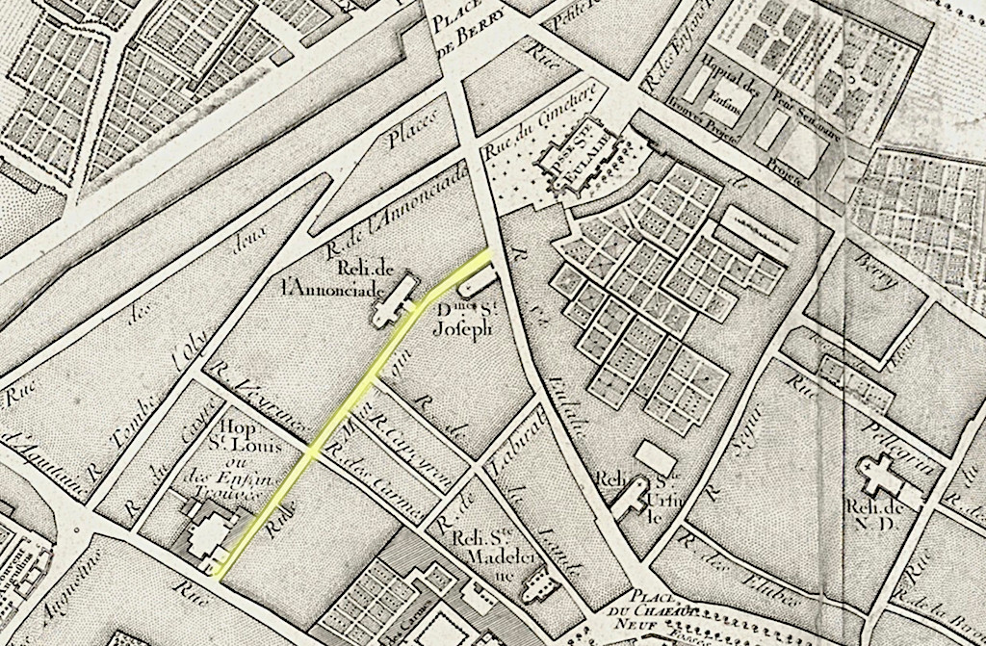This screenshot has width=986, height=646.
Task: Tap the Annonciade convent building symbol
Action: click(x=396, y=300)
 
